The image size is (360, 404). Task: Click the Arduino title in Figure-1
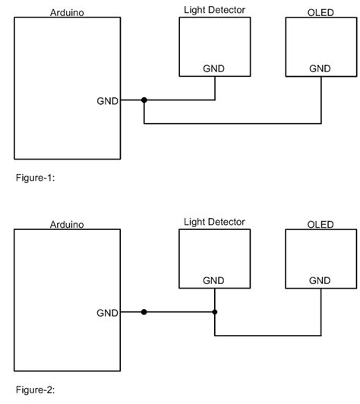[x=66, y=13]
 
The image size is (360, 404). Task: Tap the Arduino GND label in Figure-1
[x=106, y=100]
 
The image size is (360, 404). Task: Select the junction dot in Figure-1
[x=144, y=100]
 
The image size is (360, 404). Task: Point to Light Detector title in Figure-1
[x=214, y=9]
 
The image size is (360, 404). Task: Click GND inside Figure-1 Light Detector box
[x=214, y=68]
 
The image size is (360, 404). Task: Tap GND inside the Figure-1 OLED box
[x=321, y=68]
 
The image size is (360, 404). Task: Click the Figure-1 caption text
[x=36, y=178]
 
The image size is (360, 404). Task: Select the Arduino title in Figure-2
[x=66, y=224]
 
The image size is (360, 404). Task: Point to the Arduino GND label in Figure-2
[x=106, y=312]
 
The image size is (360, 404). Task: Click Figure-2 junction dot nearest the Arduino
[x=144, y=312]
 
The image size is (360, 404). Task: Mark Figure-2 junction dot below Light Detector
[x=215, y=312]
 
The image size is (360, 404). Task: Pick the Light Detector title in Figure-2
[x=214, y=221]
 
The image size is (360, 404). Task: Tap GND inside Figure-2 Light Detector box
[x=214, y=280]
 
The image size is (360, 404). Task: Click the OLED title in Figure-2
[x=321, y=224]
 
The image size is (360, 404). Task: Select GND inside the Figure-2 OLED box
[x=321, y=280]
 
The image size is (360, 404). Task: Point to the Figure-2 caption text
[x=36, y=390]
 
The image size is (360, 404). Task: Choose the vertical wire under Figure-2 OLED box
[x=321, y=312]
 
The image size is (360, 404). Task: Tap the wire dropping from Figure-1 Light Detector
[x=215, y=88]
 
